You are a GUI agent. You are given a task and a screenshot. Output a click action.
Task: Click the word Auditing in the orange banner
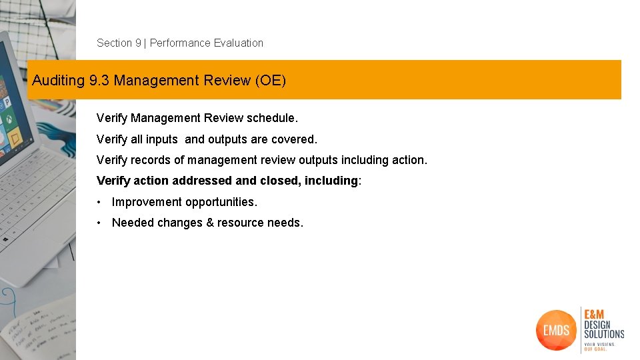(x=59, y=81)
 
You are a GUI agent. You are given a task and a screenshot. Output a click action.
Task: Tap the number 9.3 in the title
(x=99, y=81)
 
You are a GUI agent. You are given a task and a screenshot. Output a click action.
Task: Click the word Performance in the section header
(x=180, y=43)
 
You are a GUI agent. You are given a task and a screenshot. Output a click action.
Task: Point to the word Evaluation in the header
(x=239, y=43)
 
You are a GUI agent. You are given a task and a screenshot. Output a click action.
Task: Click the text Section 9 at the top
(x=119, y=43)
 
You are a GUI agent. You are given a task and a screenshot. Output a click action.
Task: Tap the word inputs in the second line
(x=159, y=139)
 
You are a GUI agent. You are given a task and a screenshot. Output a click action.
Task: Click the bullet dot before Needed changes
(x=99, y=223)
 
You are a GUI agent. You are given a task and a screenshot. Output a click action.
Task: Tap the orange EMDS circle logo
(x=556, y=329)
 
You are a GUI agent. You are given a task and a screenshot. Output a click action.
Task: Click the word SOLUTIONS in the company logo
(x=604, y=333)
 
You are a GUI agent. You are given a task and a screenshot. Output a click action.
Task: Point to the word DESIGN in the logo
(x=597, y=325)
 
